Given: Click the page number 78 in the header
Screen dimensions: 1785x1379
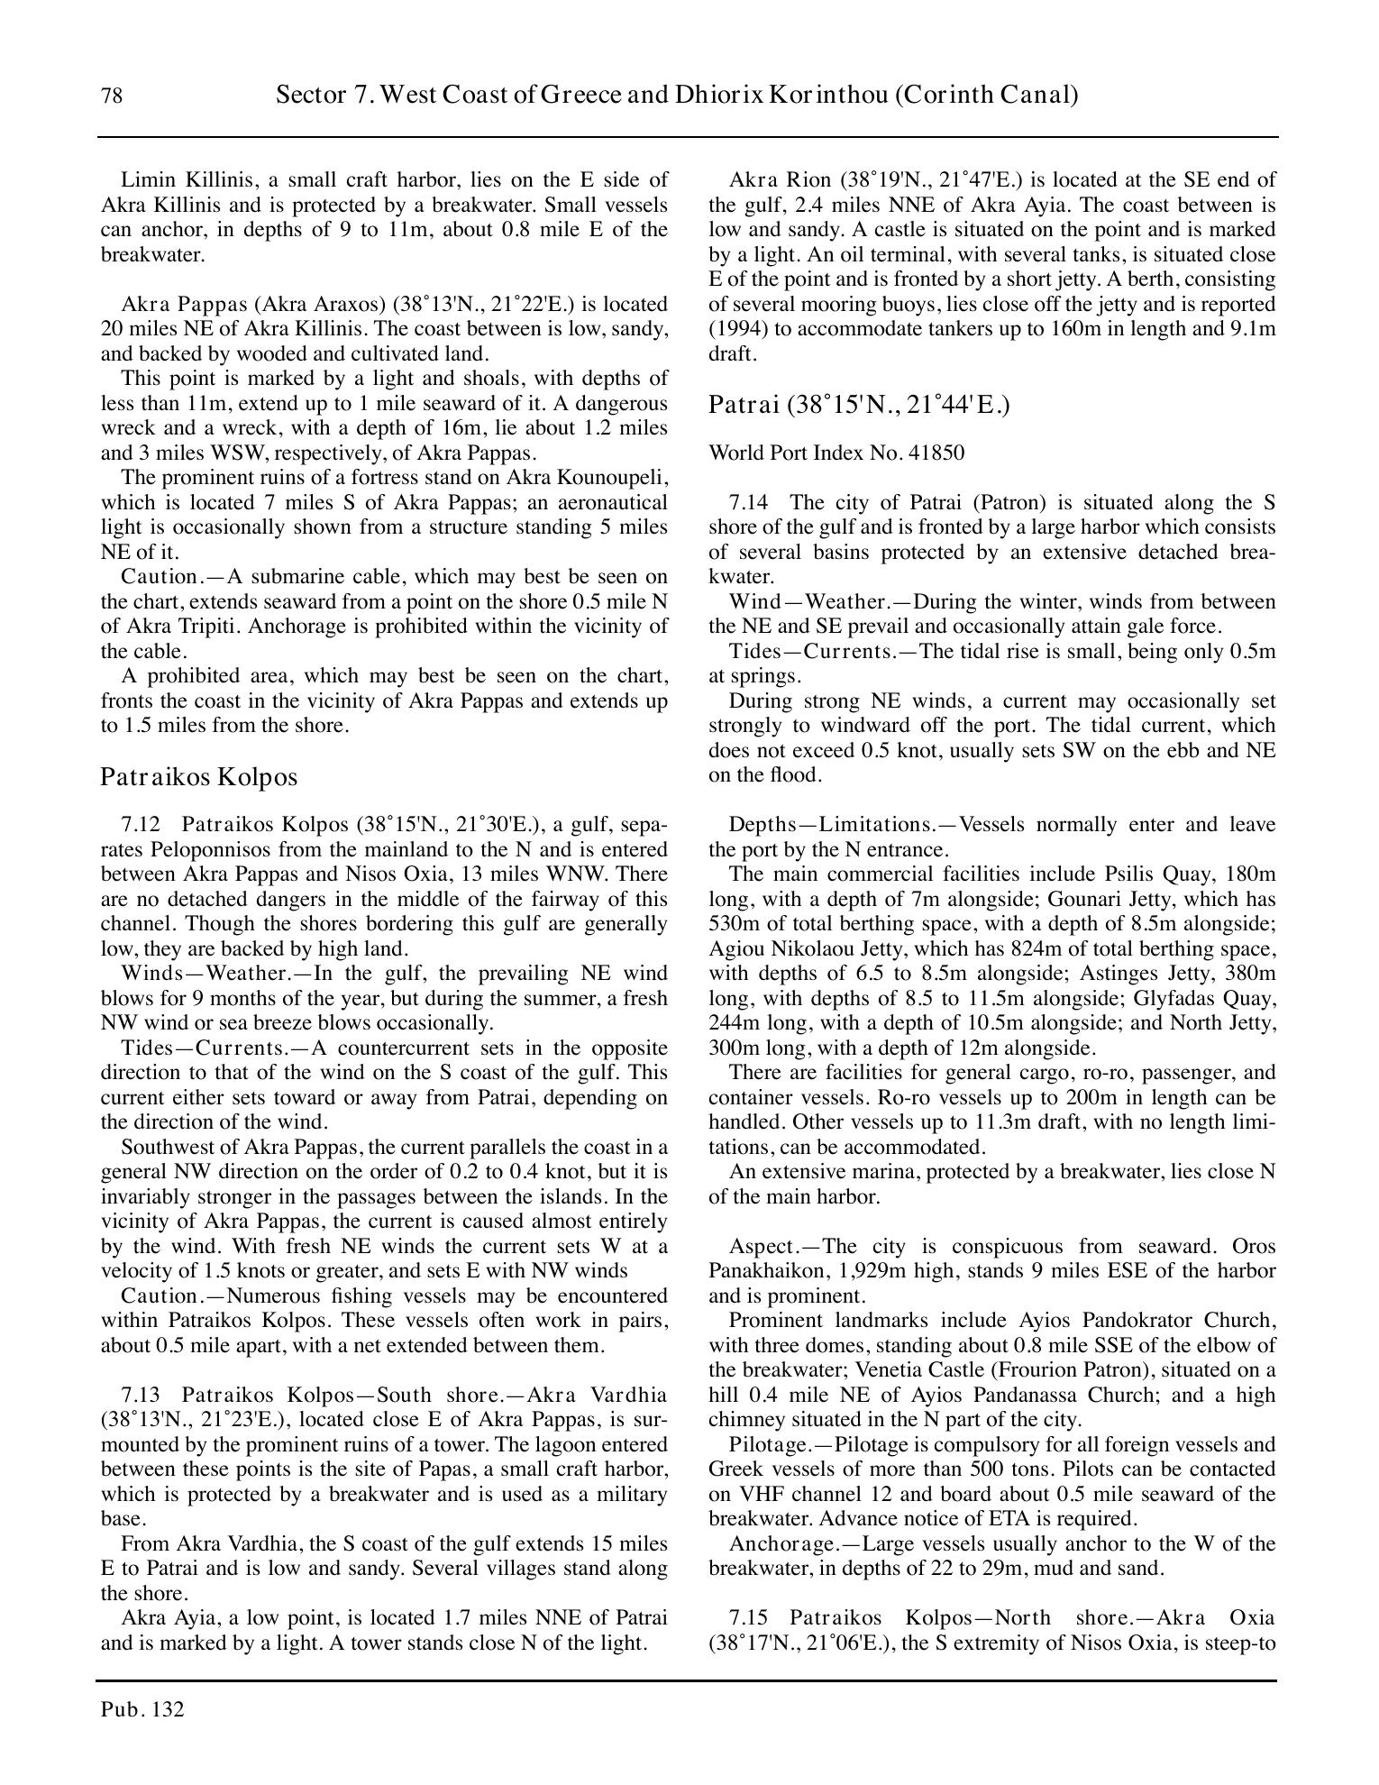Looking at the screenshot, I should coord(112,96).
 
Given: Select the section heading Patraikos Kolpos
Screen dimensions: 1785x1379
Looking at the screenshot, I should coord(198,776).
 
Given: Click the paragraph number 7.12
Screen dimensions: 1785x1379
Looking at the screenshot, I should coord(140,825).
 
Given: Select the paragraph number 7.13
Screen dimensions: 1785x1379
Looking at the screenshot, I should coord(140,1395).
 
